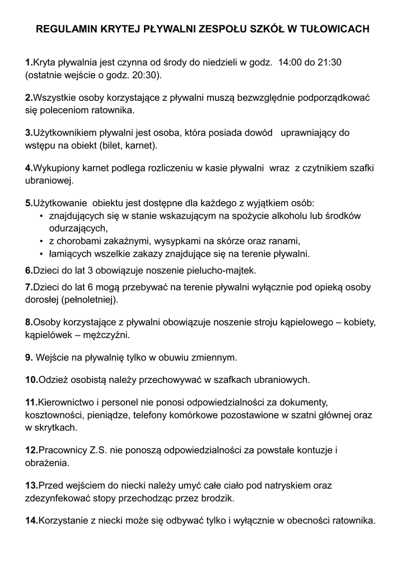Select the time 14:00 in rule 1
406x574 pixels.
[x=289, y=62]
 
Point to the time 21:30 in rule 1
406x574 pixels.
[x=330, y=62]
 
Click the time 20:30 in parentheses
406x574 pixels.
[x=143, y=75]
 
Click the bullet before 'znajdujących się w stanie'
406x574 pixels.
[x=42, y=216]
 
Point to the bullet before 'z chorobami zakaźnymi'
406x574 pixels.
[x=42, y=242]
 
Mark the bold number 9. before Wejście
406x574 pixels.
[x=29, y=357]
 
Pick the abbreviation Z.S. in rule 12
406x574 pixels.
[x=100, y=450]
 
